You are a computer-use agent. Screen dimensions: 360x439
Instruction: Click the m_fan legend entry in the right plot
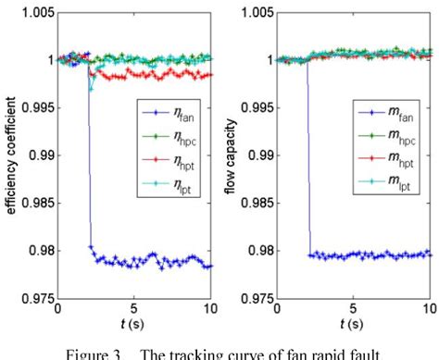(x=384, y=114)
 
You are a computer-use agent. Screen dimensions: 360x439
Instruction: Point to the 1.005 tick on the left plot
(x=36, y=13)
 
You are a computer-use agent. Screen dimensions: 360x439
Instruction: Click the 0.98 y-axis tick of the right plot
(x=261, y=250)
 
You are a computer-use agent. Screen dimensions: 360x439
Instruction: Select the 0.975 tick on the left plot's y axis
(x=36, y=297)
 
